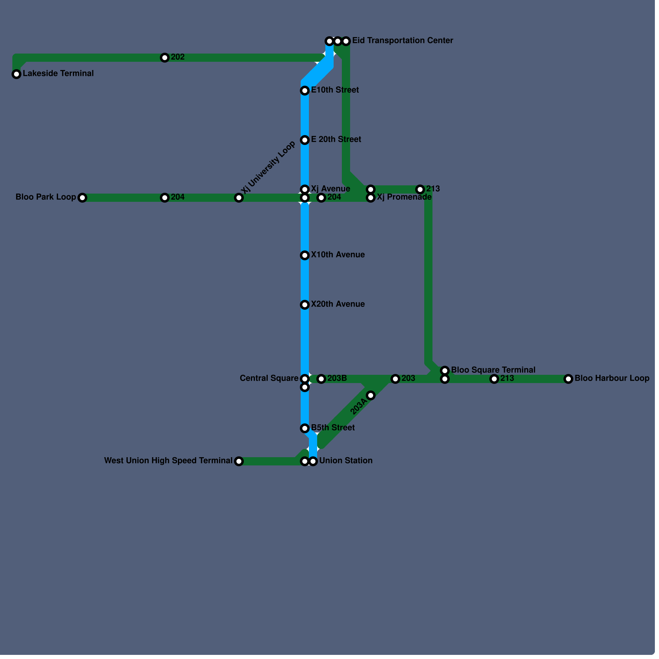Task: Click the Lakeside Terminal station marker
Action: point(16,74)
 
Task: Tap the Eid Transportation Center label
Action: point(402,41)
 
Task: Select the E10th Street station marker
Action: point(305,91)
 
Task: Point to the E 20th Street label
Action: point(336,140)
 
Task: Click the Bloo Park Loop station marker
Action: point(82,198)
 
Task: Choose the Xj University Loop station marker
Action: point(239,198)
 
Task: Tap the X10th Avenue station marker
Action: point(305,255)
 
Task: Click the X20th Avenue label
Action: point(338,304)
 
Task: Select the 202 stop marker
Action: point(165,58)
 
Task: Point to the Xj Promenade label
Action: point(404,197)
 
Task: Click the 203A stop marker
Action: point(371,395)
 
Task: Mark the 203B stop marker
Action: point(321,379)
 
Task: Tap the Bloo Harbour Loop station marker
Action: point(568,379)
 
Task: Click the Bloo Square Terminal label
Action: point(493,370)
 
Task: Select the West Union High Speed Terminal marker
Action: point(239,461)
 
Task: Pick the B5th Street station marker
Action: point(305,428)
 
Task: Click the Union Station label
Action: point(346,461)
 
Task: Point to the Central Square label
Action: point(269,379)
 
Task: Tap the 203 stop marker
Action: point(395,379)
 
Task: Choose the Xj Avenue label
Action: point(330,189)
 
